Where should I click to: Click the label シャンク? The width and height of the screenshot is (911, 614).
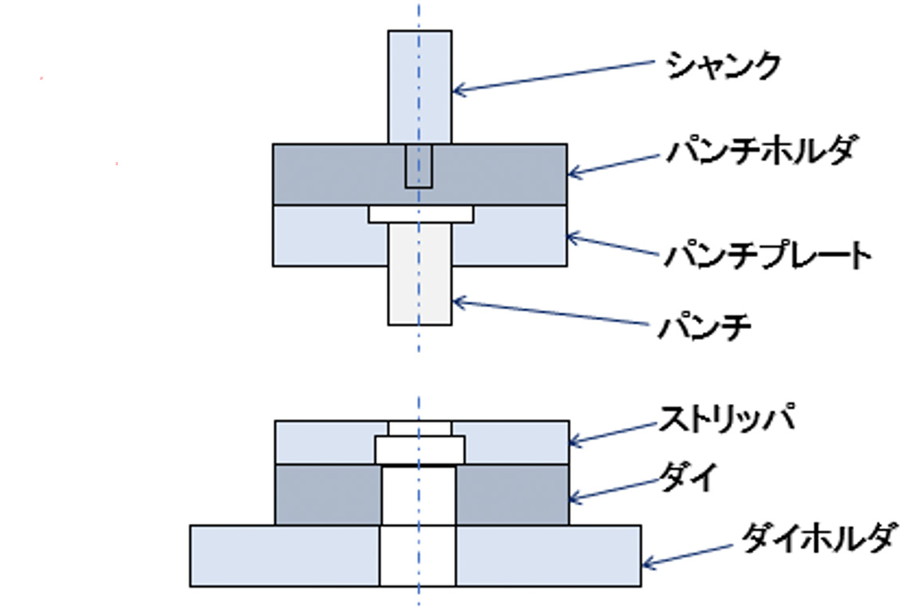tap(723, 66)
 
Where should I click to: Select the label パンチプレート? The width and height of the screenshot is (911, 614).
tap(767, 256)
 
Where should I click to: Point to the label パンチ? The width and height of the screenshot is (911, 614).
tap(705, 326)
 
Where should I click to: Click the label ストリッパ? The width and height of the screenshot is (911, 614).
tap(726, 418)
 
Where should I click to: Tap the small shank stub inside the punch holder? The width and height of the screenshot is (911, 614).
tap(419, 166)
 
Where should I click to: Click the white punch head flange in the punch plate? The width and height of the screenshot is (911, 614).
tap(421, 214)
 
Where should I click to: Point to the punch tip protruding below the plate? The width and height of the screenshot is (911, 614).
tap(420, 295)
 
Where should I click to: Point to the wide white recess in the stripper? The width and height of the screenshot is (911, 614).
tap(420, 449)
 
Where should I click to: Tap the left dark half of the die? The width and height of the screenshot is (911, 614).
tap(327, 495)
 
